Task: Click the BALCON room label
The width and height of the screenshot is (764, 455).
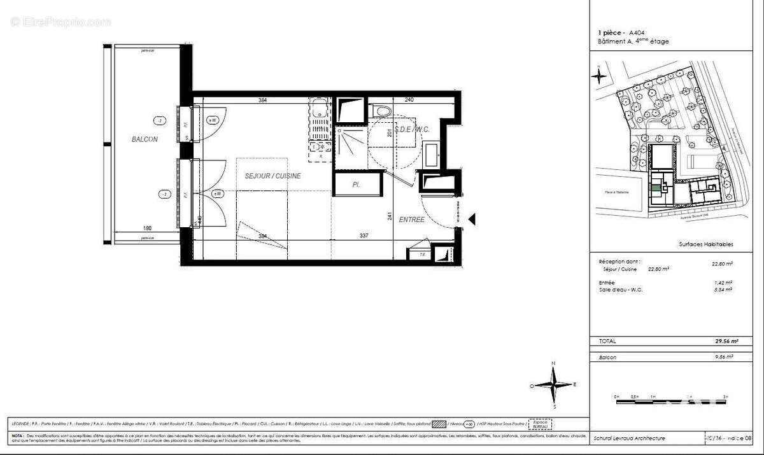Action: click(145, 139)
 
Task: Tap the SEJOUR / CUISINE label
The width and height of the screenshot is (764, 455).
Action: click(273, 176)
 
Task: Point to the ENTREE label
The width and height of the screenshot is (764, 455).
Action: click(412, 220)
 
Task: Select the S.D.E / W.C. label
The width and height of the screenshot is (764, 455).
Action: click(412, 129)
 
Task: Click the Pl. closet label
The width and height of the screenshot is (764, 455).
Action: click(356, 184)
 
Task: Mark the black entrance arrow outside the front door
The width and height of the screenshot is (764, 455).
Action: click(472, 219)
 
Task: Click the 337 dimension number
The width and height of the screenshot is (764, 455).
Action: click(364, 235)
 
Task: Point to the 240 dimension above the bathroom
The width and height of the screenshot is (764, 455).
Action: click(409, 100)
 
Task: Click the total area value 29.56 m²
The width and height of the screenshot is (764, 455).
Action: click(721, 340)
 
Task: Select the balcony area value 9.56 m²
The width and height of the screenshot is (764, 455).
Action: click(723, 357)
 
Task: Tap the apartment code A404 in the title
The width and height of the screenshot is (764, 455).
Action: click(636, 32)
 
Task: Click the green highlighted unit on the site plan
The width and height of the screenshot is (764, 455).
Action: click(655, 188)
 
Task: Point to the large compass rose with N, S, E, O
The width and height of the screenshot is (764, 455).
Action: click(554, 384)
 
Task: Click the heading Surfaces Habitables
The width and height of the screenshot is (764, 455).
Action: click(706, 244)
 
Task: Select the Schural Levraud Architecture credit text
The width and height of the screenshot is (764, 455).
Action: click(629, 438)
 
